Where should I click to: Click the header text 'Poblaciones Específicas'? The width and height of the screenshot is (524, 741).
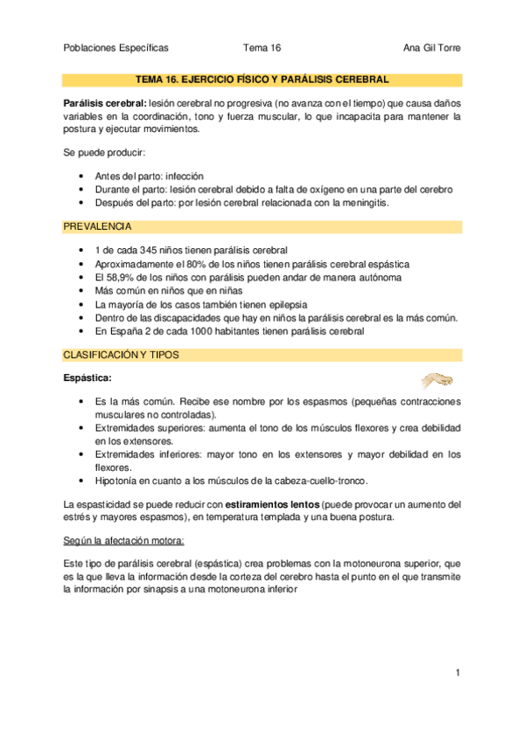pyautogui.click(x=116, y=48)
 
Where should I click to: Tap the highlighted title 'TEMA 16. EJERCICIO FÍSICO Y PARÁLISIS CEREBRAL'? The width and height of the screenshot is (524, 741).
pyautogui.click(x=262, y=80)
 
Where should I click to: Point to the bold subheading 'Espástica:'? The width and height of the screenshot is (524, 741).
pyautogui.click(x=88, y=378)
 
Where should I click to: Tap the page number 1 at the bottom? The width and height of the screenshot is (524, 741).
pyautogui.click(x=458, y=673)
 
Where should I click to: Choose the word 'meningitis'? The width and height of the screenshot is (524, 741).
pyautogui.click(x=360, y=203)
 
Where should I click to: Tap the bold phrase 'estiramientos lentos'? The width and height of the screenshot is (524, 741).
pyautogui.click(x=272, y=504)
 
